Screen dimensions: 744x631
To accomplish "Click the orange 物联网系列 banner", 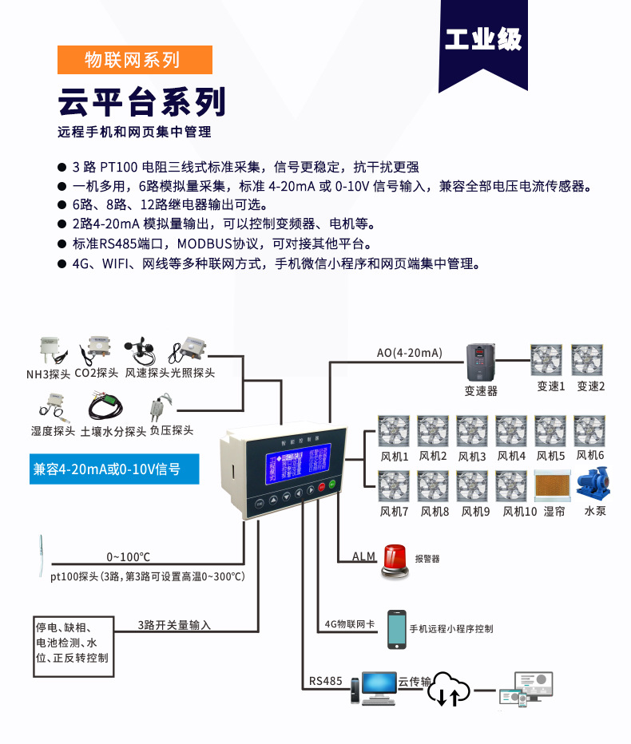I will (134, 60).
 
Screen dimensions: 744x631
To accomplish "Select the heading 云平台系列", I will (141, 102).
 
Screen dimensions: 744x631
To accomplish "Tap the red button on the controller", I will (322, 486).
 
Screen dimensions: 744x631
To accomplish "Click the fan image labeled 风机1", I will (394, 431).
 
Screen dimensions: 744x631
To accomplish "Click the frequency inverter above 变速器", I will (481, 362).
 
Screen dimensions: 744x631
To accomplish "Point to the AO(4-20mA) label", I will (409, 353).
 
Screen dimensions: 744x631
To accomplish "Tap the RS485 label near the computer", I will (326, 682).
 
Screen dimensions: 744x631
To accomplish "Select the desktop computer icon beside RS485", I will (375, 687).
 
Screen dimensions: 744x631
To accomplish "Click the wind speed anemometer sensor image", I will (141, 350).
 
